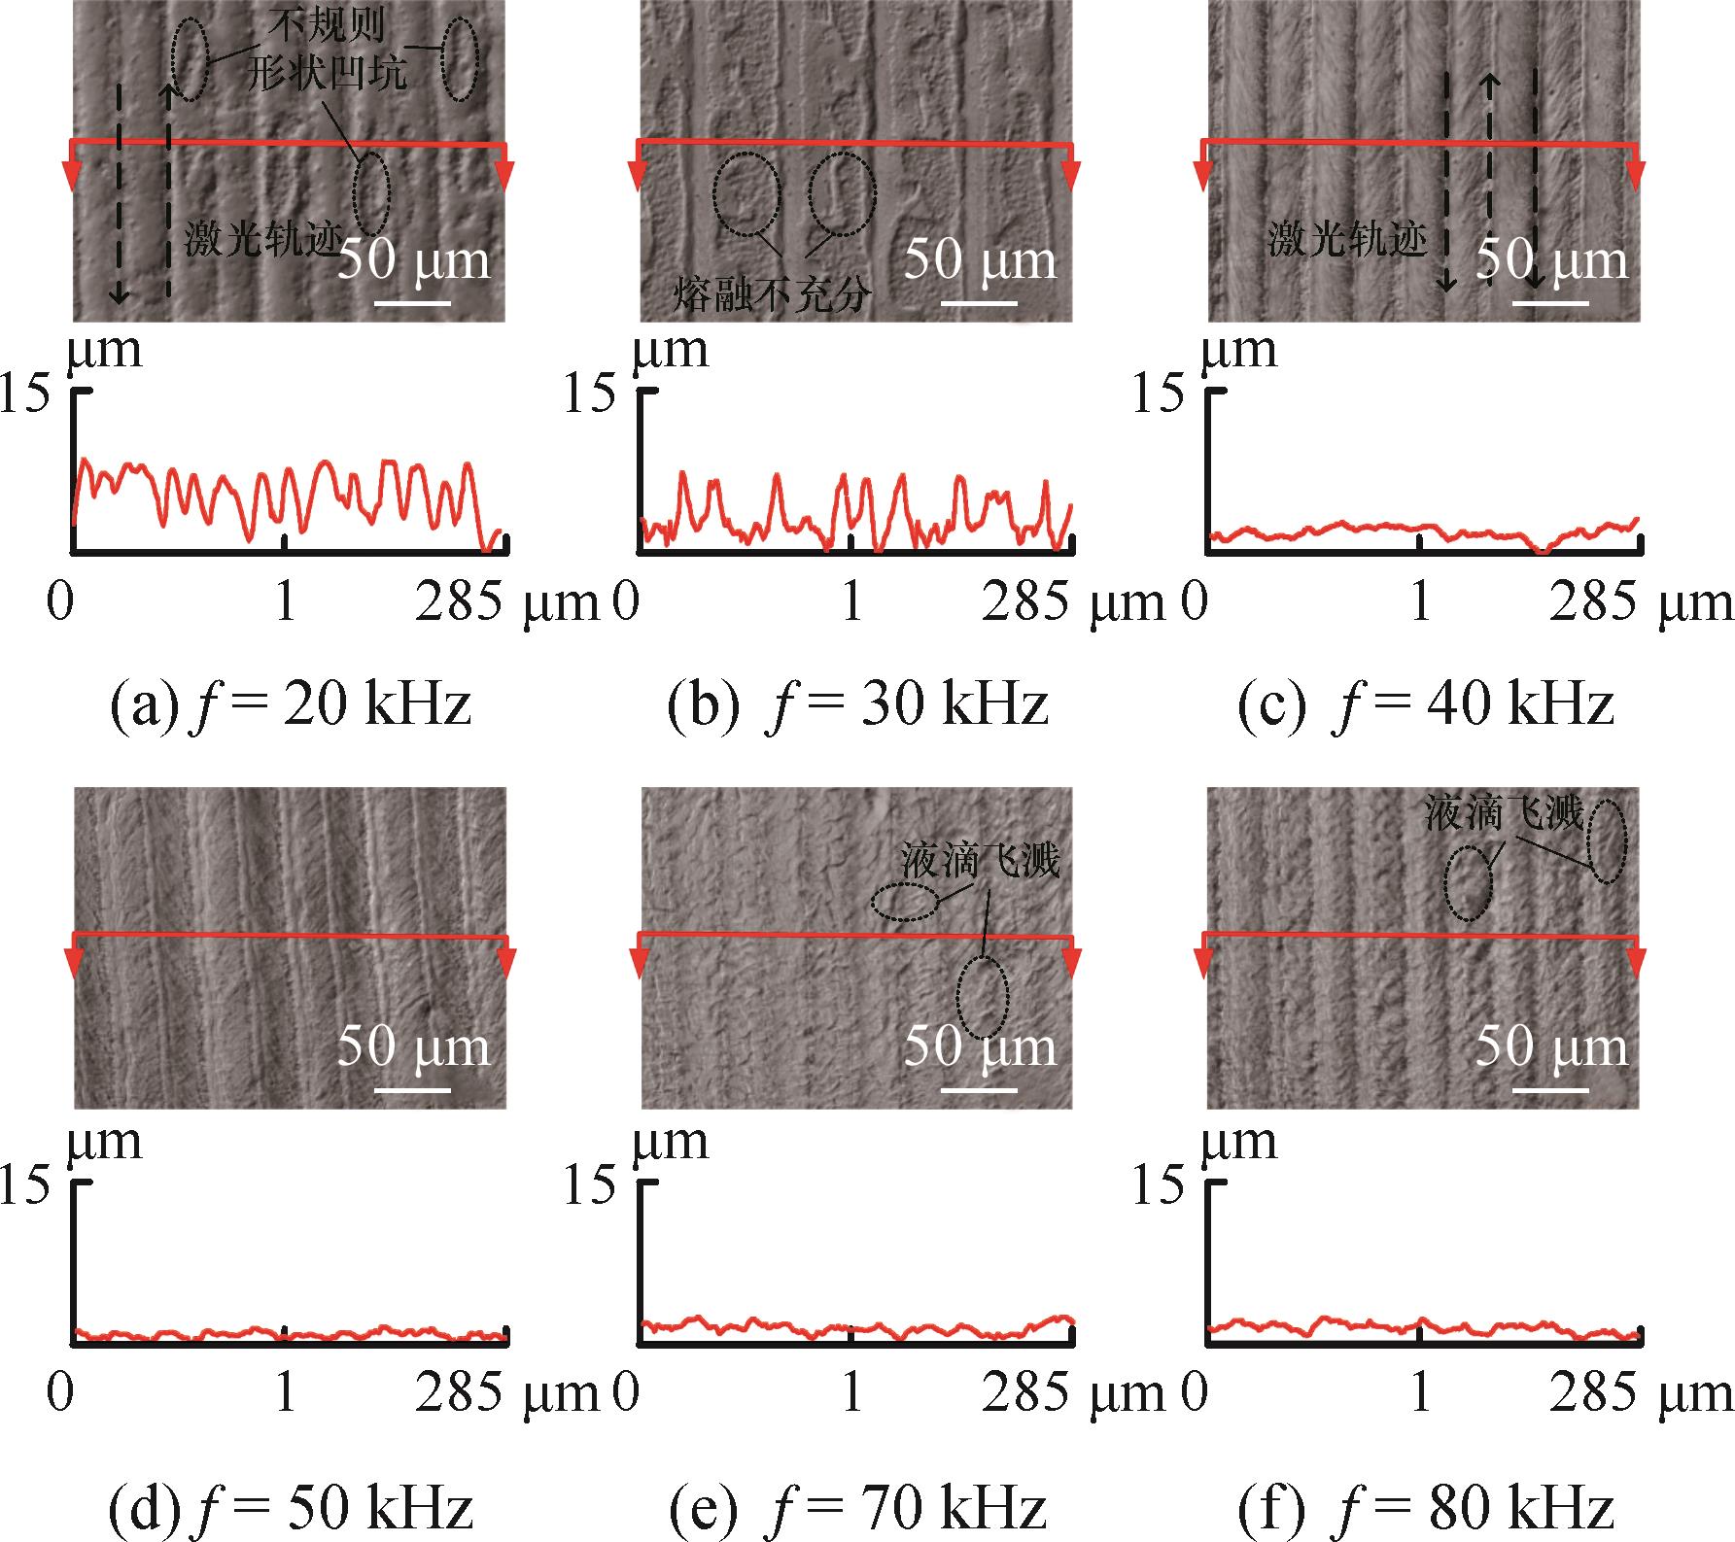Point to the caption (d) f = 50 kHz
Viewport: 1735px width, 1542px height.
291,1507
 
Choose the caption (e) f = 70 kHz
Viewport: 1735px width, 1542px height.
857,1507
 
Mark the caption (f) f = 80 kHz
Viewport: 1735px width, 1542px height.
1426,1507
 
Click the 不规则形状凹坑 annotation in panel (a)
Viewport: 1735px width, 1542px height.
325,55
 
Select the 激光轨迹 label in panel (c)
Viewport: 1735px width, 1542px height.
1346,239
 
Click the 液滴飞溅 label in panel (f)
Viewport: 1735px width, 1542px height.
1504,812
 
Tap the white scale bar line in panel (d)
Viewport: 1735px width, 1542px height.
412,1090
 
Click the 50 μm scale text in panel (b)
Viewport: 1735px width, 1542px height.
980,260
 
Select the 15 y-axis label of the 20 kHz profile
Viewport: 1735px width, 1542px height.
24,395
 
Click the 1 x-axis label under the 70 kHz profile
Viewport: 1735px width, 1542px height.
852,1393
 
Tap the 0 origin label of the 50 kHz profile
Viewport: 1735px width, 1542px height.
60,1393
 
